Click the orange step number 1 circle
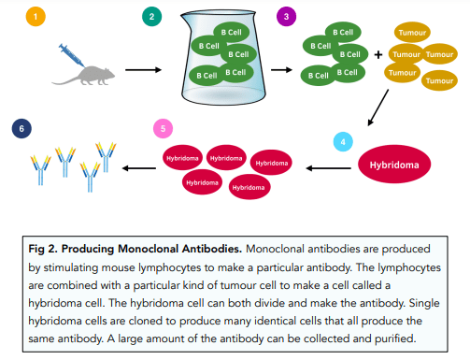[x=36, y=17]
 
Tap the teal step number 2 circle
[x=151, y=17]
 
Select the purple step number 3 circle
[x=286, y=17]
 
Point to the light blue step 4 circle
[x=343, y=142]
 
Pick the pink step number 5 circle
[x=163, y=128]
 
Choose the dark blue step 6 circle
[x=21, y=128]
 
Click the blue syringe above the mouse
[x=72, y=55]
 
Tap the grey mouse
[x=83, y=76]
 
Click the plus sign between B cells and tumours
[x=378, y=55]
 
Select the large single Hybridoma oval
[x=394, y=164]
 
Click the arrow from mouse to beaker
[x=143, y=70]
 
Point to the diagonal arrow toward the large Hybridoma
[x=378, y=108]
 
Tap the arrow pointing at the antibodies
[x=139, y=168]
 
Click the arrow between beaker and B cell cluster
[x=281, y=70]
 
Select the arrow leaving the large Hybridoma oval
[x=328, y=168]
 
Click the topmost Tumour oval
[x=412, y=33]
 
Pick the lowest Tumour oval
[x=439, y=80]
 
